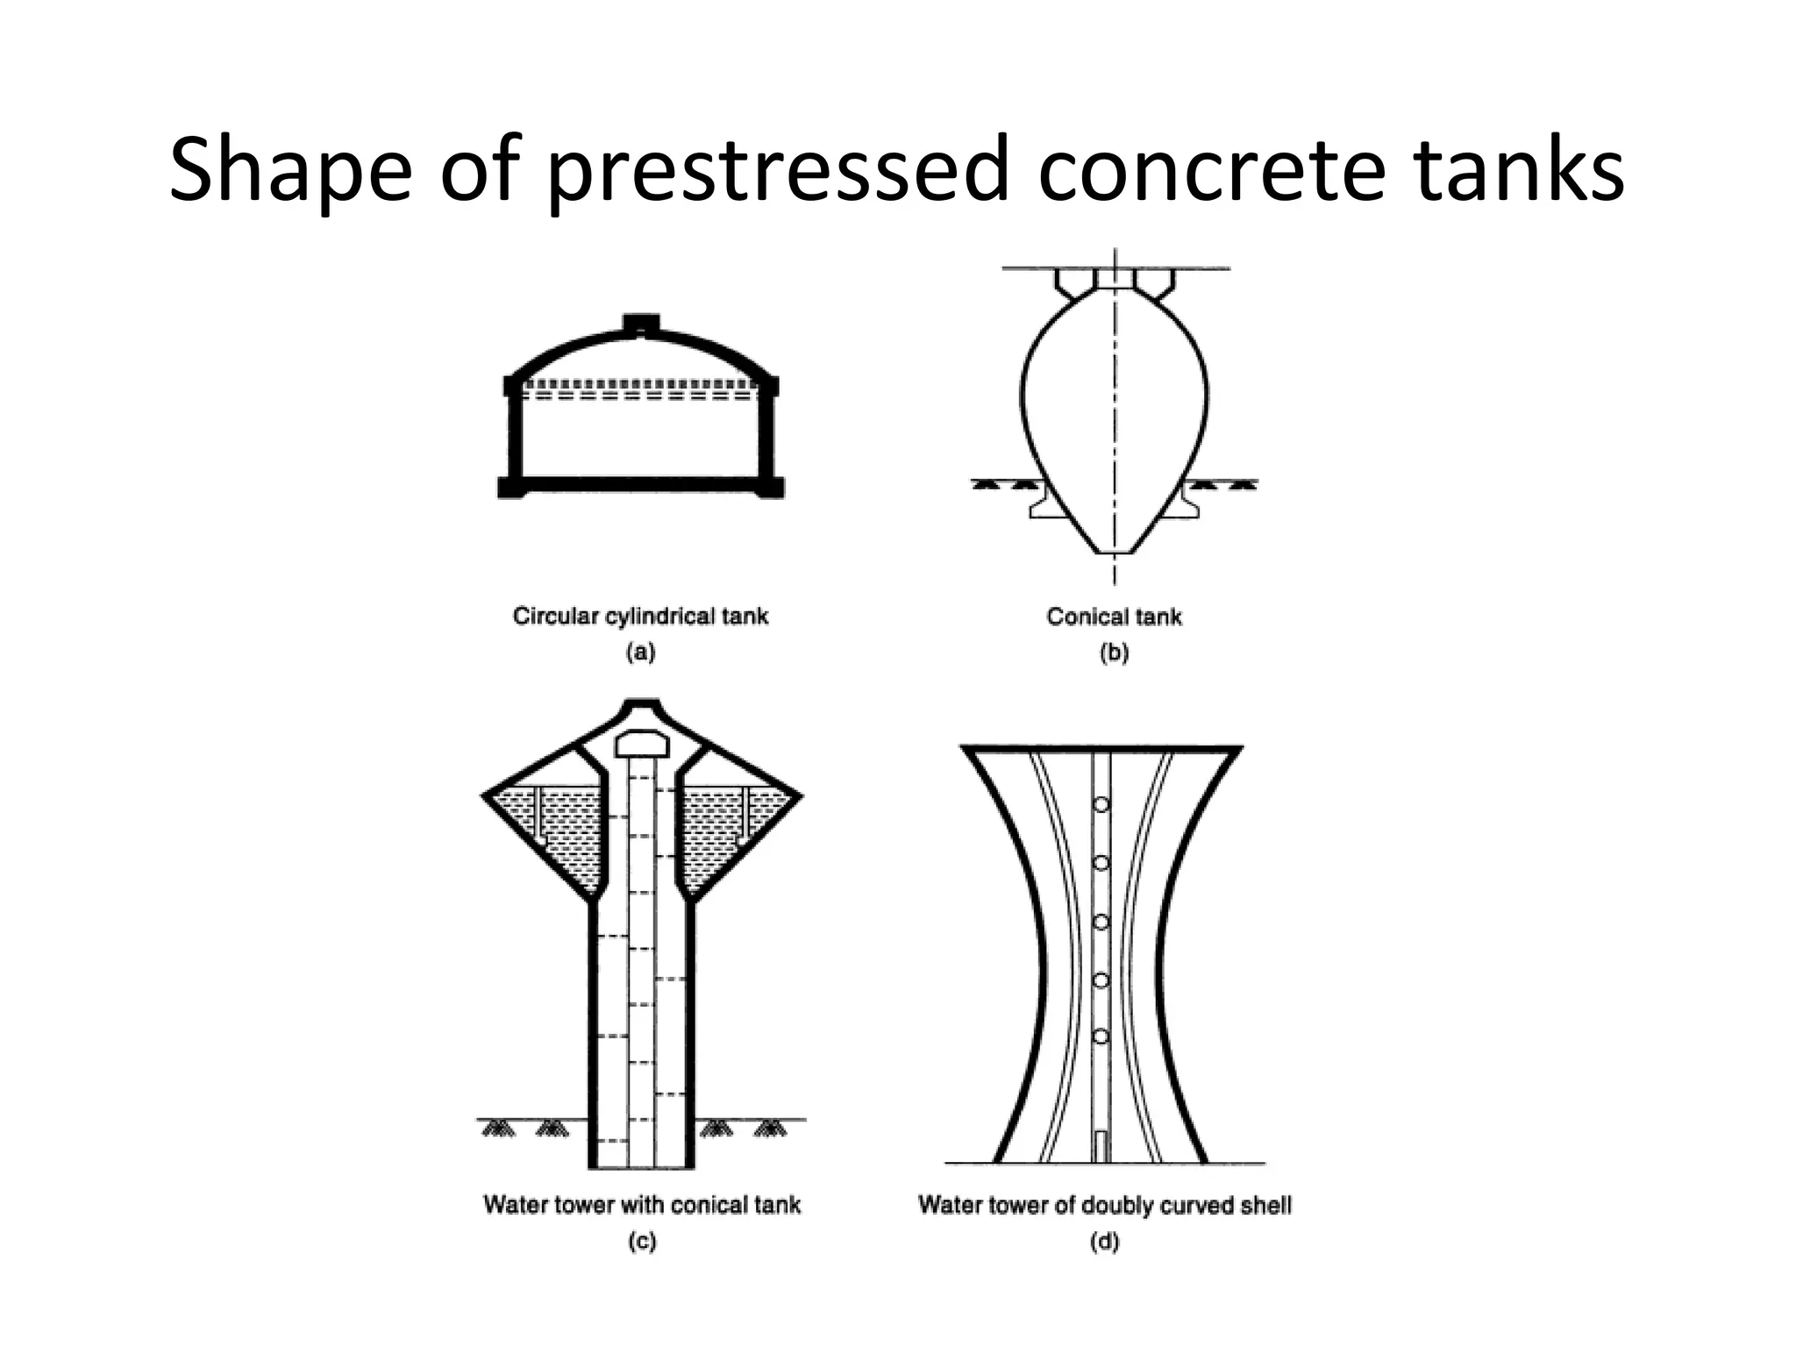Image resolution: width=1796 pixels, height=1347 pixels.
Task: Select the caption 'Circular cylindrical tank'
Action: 640,616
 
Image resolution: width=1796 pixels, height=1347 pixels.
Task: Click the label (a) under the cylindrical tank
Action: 640,652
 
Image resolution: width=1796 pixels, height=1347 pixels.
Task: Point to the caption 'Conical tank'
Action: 1114,617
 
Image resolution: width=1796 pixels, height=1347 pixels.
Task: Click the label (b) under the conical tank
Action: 1114,652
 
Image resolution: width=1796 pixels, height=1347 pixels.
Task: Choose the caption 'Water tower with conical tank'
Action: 642,1205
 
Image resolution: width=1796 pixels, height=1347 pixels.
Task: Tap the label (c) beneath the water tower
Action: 642,1242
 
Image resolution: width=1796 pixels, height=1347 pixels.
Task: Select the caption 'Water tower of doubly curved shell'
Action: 1104,1205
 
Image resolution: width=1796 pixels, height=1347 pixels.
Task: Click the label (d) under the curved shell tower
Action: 1104,1242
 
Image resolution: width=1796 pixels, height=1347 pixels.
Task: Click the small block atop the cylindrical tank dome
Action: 641,324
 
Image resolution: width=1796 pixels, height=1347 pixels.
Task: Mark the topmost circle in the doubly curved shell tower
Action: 1101,804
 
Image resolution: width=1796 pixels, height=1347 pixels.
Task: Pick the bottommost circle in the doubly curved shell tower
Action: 1101,1037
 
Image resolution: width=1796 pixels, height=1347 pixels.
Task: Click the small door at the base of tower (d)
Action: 1101,1146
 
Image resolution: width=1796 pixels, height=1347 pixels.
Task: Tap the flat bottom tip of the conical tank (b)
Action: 1115,552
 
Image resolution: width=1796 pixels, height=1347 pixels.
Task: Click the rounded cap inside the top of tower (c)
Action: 643,745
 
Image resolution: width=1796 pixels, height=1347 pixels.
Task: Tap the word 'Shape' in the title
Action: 289,171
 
